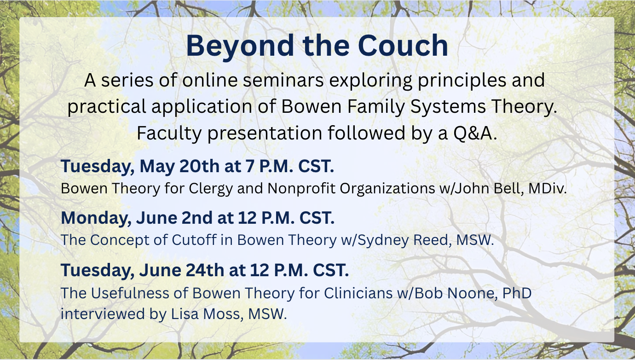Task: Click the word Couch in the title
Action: pos(403,46)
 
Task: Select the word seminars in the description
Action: pos(283,80)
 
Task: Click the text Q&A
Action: pos(475,134)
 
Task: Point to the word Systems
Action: pos(448,107)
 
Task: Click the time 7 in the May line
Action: pos(250,166)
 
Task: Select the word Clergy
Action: pos(211,189)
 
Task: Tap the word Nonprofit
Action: pos(301,188)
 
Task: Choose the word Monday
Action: pos(96,218)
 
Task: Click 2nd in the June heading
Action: pos(197,218)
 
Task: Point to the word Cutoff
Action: pos(194,240)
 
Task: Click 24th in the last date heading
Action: pos(205,270)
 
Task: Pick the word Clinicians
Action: pos(358,293)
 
